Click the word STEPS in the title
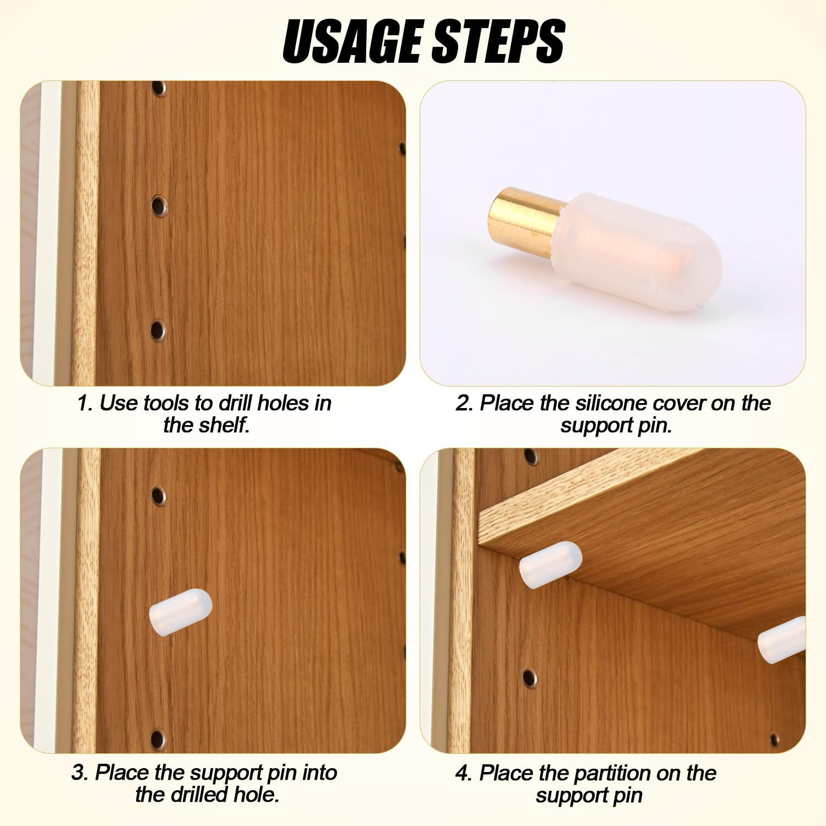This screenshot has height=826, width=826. pyautogui.click(x=498, y=41)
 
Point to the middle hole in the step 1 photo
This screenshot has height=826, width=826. pyautogui.click(x=159, y=206)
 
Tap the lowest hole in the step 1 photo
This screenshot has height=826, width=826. pyautogui.click(x=158, y=330)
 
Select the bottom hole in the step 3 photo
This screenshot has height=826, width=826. pyautogui.click(x=158, y=736)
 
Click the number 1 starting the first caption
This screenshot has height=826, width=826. pyautogui.click(x=83, y=403)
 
